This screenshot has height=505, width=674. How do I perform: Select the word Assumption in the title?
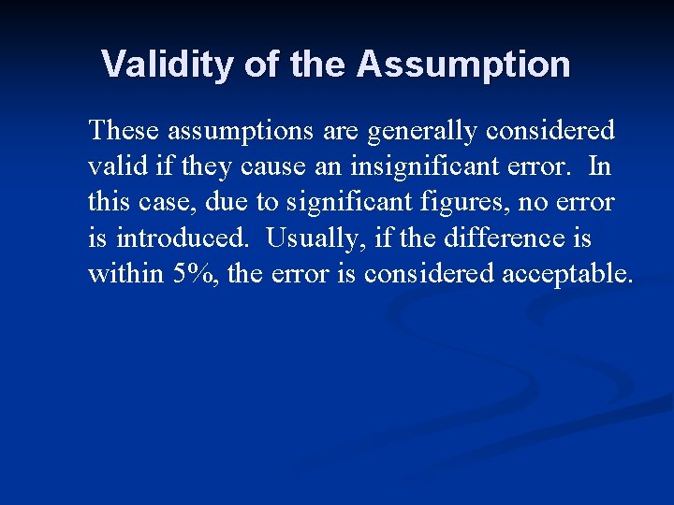click(463, 65)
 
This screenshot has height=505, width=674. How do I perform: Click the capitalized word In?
click(600, 166)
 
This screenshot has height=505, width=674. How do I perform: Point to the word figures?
click(482, 202)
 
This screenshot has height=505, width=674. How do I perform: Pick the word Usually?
click(311, 238)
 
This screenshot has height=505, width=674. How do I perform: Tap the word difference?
click(503, 238)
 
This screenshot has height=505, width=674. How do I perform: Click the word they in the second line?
click(206, 166)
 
